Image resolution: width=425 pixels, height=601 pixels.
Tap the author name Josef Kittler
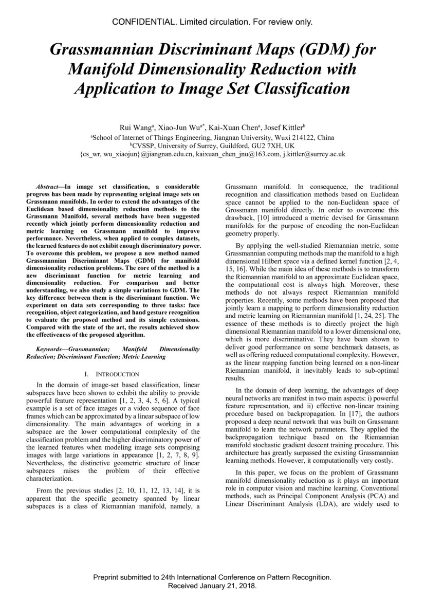click(285, 128)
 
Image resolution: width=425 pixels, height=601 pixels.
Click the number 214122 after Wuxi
click(303, 137)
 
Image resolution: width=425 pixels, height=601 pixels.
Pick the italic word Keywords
click(46, 349)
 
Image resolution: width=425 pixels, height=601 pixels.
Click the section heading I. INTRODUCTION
click(111, 374)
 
